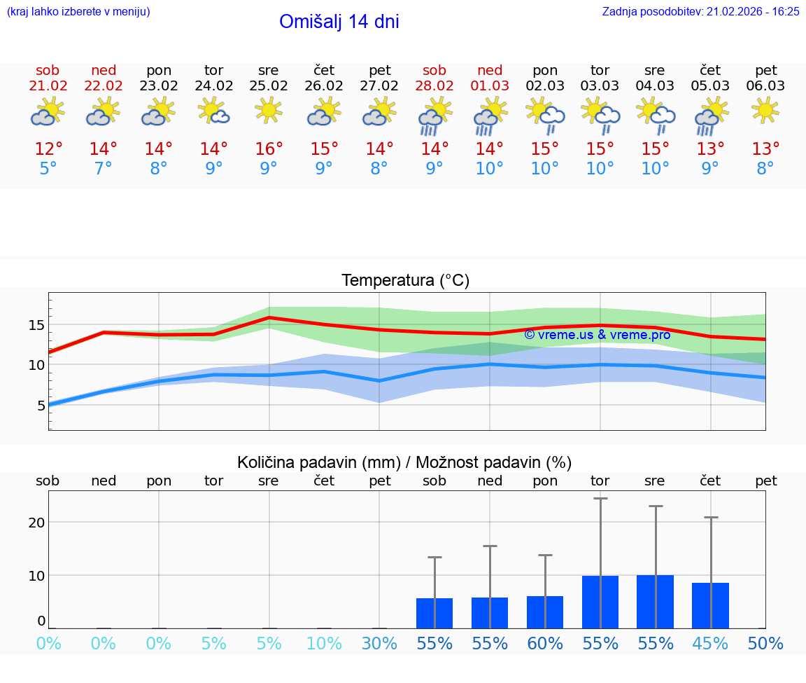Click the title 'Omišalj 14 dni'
click(x=339, y=22)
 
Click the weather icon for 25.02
click(x=269, y=111)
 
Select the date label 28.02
click(x=434, y=86)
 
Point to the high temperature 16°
click(x=269, y=149)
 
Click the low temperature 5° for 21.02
click(x=48, y=169)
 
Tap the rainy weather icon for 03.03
click(x=600, y=114)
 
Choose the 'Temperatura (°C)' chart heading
click(x=405, y=281)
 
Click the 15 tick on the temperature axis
click(x=36, y=325)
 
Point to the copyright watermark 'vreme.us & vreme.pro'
click(x=597, y=335)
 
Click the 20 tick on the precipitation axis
click(x=36, y=523)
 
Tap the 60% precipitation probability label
click(x=545, y=644)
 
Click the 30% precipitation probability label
click(x=379, y=644)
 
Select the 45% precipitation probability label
click(x=710, y=644)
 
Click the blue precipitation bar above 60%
click(x=545, y=612)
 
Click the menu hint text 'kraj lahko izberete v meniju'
click(x=78, y=12)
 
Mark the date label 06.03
click(x=765, y=86)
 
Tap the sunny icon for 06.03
click(x=765, y=110)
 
